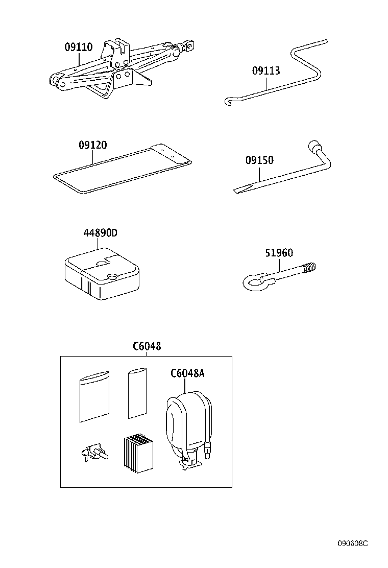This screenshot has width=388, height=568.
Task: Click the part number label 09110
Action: click(78, 48)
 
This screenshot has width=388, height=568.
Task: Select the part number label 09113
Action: click(266, 71)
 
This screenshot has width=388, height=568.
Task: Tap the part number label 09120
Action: click(92, 145)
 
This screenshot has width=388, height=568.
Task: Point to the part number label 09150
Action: click(259, 160)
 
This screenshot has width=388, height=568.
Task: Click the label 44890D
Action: click(101, 233)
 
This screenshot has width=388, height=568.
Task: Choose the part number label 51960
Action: click(279, 253)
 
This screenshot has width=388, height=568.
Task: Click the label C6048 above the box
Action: click(147, 346)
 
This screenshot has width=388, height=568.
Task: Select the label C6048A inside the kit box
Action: click(187, 373)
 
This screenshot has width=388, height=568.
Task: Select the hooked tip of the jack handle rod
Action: click(229, 103)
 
